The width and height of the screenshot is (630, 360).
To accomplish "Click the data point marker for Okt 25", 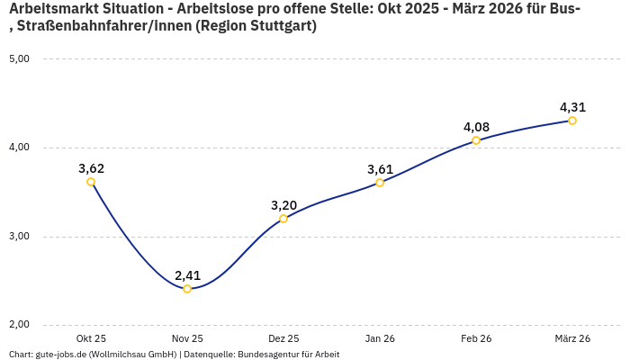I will coord(91,182).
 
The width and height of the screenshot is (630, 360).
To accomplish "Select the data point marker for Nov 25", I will coord(187,289).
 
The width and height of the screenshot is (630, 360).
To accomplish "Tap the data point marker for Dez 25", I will coord(283,219).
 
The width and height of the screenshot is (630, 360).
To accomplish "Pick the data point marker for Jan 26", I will coord(380,183).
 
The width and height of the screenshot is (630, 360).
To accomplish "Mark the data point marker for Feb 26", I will coord(476,140).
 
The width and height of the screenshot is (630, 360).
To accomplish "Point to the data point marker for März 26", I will coord(572,121).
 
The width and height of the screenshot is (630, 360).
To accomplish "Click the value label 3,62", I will coord(91,168).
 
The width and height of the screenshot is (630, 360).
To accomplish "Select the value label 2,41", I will coord(187,275).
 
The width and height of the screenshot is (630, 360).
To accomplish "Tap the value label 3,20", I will coord(283,205).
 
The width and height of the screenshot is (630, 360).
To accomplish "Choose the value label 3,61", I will coord(380,169).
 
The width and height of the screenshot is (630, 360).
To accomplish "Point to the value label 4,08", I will coord(476,127).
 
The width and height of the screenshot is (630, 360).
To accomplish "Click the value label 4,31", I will coord(572,107).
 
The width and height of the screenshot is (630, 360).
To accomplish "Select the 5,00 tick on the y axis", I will coord(19,59).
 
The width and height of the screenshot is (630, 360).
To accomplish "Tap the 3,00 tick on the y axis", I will coord(19,237).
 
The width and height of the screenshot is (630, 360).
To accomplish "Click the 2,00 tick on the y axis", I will coord(19,325).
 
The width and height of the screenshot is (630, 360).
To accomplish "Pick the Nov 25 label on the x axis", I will coord(187,339).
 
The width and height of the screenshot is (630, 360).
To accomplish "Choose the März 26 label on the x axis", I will coord(572,339).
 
